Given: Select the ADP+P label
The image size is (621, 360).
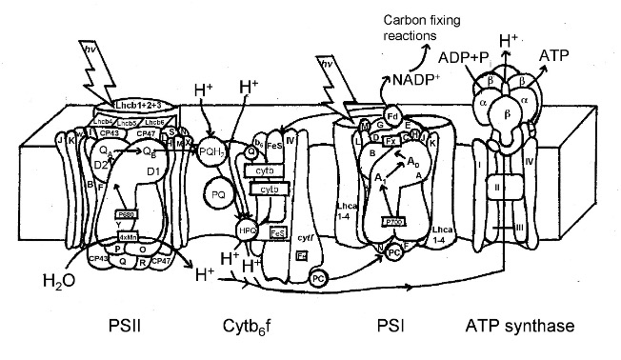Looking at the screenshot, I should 468,58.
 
